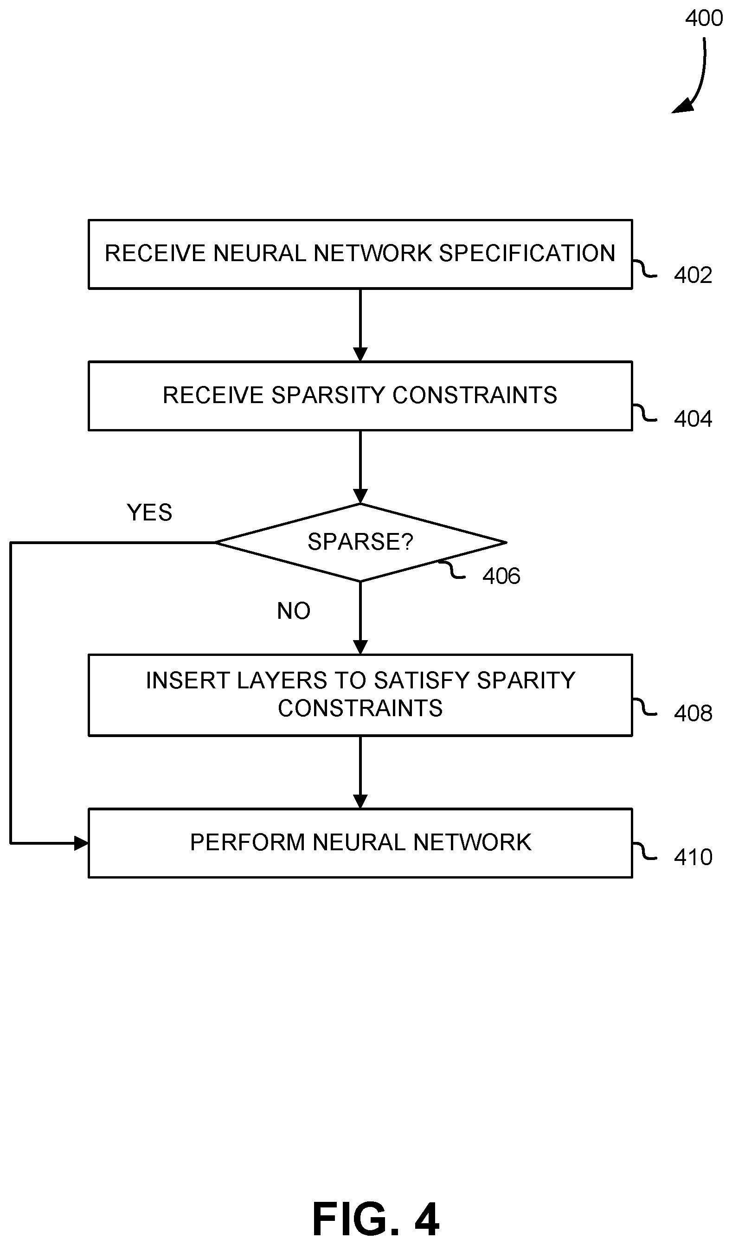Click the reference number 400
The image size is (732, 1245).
[x=703, y=18]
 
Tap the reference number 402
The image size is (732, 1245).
[x=693, y=275]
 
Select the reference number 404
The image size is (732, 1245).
[x=693, y=419]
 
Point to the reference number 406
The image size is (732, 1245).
[x=501, y=576]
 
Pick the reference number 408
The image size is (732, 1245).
[x=693, y=713]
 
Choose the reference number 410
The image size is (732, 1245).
[x=693, y=857]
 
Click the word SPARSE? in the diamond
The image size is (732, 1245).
[x=360, y=542]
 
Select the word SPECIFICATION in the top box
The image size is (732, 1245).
[x=527, y=253]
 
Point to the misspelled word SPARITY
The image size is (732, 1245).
[x=526, y=680]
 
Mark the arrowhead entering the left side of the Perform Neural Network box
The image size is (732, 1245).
[x=82, y=843]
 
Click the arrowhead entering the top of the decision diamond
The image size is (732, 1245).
[x=360, y=496]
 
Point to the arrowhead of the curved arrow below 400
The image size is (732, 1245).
[x=682, y=106]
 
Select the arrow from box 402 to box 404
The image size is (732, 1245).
[x=360, y=325]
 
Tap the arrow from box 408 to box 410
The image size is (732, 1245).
[x=360, y=772]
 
